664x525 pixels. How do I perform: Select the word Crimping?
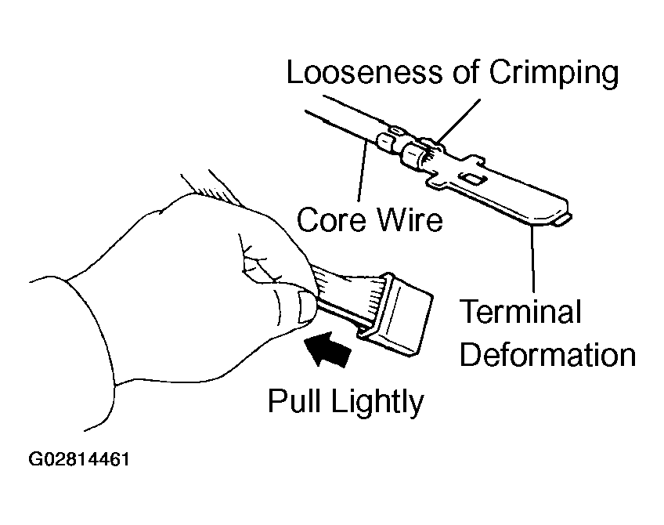click(554, 74)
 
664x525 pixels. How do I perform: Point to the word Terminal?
click(520, 312)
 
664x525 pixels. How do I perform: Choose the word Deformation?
click(547, 354)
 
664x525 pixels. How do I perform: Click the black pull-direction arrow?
click(328, 347)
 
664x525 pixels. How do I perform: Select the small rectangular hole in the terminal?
click(470, 180)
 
